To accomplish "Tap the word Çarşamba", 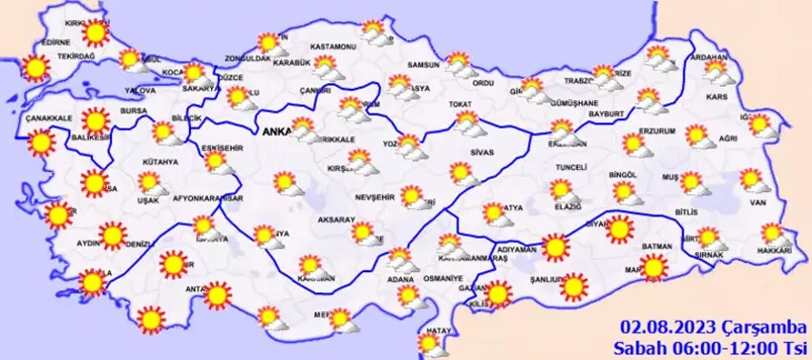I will [x=754, y=327].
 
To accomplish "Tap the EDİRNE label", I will [x=56, y=43].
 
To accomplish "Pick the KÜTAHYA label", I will [x=160, y=162].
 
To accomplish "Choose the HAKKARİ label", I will [x=774, y=250].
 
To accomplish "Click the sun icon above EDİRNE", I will [x=94, y=33].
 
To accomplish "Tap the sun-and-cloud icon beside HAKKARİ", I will [x=773, y=233].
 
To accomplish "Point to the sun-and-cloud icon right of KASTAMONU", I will [x=376, y=37].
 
